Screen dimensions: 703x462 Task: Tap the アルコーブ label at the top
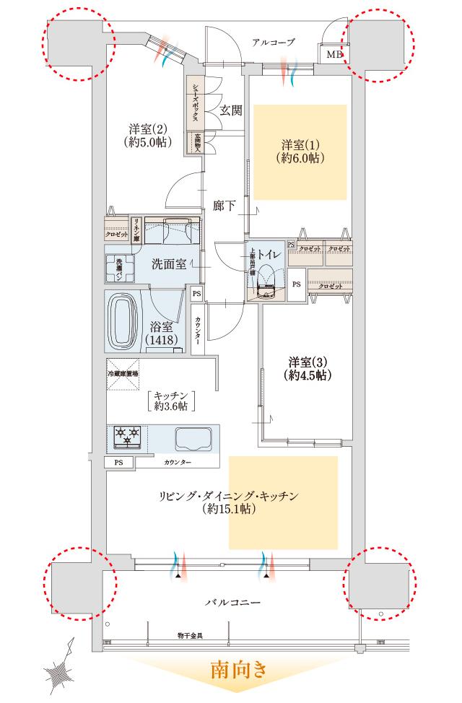[x=274, y=43]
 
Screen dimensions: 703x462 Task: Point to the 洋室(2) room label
[x=148, y=135]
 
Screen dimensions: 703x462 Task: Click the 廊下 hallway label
[x=225, y=205]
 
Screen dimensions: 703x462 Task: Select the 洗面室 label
[x=170, y=263]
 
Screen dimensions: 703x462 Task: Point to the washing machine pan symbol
[x=119, y=269]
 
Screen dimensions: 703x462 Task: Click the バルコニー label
[x=232, y=601]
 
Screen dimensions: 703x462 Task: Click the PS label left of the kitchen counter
[x=119, y=462]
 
